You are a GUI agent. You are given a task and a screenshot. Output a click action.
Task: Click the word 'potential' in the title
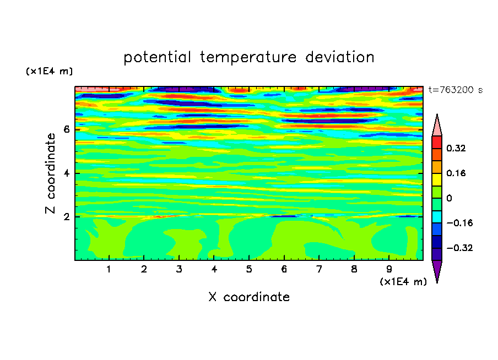click(157, 58)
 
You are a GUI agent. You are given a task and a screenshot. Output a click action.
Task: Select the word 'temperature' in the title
click(248, 58)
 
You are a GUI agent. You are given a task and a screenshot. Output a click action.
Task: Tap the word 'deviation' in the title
click(340, 57)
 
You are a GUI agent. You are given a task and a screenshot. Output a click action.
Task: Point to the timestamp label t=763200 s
click(456, 90)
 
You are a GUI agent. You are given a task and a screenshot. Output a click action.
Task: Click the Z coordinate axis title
click(50, 173)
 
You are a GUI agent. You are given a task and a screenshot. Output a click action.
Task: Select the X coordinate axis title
click(249, 297)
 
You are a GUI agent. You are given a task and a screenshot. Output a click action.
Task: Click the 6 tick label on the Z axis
click(66, 129)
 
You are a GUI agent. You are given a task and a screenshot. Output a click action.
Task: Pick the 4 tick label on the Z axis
click(66, 173)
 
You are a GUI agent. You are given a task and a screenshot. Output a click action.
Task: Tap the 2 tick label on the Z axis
click(66, 216)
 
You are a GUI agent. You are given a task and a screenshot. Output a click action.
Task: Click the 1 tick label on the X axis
click(109, 269)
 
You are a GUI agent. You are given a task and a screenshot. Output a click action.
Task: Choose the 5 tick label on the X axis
click(249, 269)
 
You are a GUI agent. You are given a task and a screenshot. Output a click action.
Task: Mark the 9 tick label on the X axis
click(389, 269)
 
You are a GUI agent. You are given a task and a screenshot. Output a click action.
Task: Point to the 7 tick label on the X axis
click(319, 269)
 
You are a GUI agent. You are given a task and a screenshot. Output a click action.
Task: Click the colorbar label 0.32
click(456, 148)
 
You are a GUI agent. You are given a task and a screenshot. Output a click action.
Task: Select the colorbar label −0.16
click(459, 223)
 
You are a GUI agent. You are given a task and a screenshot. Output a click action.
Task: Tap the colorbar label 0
click(449, 198)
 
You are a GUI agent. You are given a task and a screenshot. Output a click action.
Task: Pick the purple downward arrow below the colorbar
click(437, 270)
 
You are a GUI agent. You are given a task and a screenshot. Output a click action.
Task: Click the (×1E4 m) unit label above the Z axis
click(49, 71)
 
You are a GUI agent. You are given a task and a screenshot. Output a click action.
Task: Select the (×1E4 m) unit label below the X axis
click(403, 282)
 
